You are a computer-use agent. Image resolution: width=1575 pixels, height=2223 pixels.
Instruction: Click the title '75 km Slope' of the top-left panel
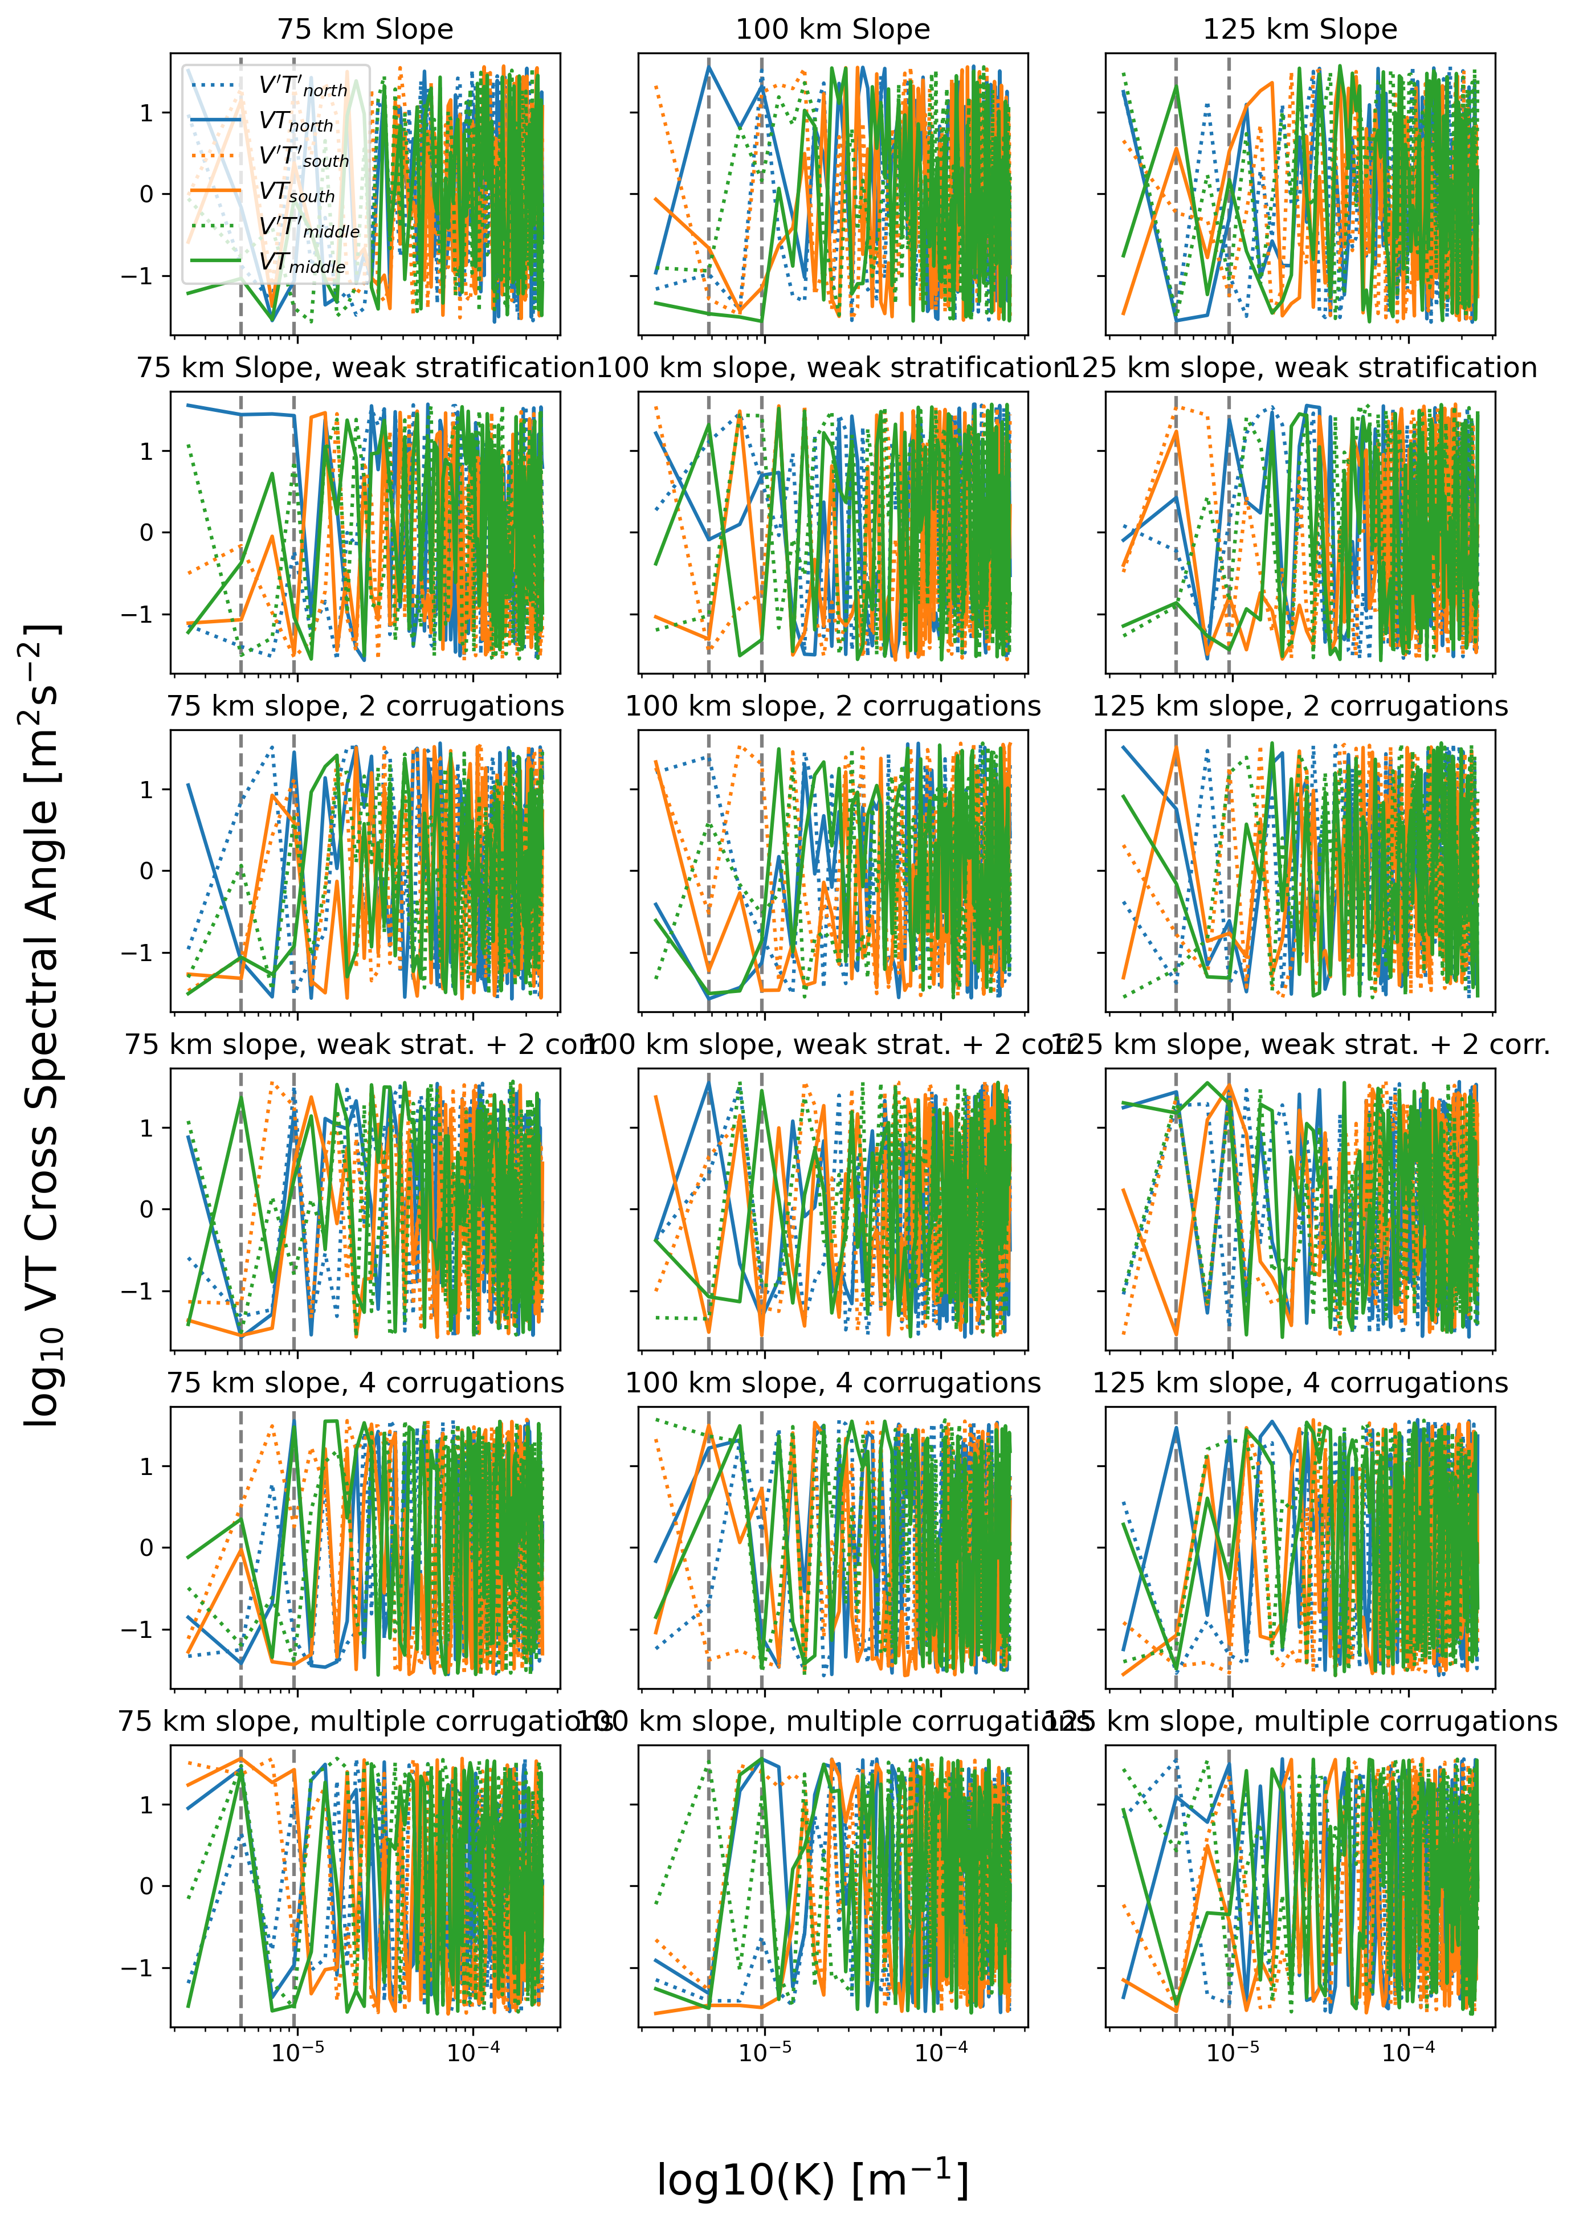point(366,29)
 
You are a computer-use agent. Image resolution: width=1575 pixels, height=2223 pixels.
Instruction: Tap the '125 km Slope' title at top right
point(1300,29)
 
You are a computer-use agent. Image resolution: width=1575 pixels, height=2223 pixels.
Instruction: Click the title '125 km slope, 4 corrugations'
point(1300,1383)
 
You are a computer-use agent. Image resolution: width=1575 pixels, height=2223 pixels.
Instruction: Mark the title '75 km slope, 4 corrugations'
point(366,1383)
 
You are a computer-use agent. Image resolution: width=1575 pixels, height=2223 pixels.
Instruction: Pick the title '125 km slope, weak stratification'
point(1300,367)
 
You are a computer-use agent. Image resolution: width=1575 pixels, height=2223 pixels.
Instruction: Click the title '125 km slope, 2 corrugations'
point(1300,706)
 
